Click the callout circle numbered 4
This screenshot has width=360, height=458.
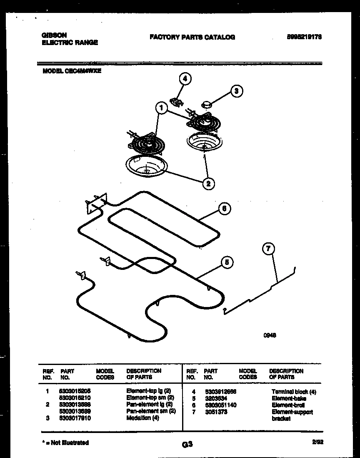(185, 78)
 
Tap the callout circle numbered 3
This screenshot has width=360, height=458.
(237, 91)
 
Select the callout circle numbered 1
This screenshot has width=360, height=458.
(161, 108)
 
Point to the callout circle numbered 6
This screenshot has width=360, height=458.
(225, 209)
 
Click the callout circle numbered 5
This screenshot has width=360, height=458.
(226, 262)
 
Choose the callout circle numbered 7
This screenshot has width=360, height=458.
(268, 249)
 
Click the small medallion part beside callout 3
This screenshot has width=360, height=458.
(207, 104)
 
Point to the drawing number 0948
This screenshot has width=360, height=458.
(270, 335)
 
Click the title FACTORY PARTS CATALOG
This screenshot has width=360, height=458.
(192, 37)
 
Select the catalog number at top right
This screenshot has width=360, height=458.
(304, 37)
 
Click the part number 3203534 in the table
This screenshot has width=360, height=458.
(215, 398)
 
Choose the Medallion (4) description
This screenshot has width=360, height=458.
(143, 418)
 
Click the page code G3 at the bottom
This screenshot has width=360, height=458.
(187, 445)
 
